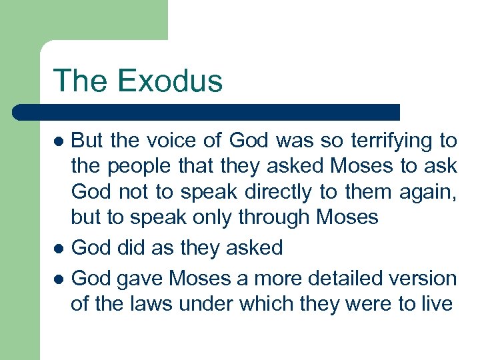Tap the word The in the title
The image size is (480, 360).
coord(79,81)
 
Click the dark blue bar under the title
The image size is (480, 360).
coord(207,112)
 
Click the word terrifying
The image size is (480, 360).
coord(389,141)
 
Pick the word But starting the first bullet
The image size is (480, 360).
coord(88,141)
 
